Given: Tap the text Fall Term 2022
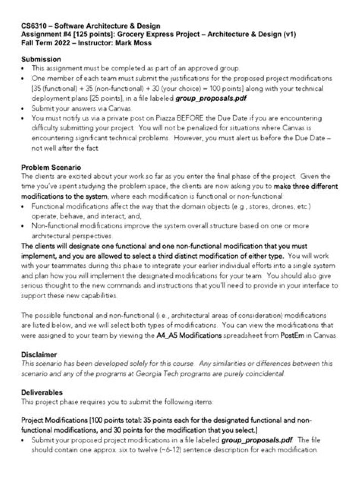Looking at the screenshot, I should [43, 43].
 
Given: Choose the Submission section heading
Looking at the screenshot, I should [41, 59].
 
